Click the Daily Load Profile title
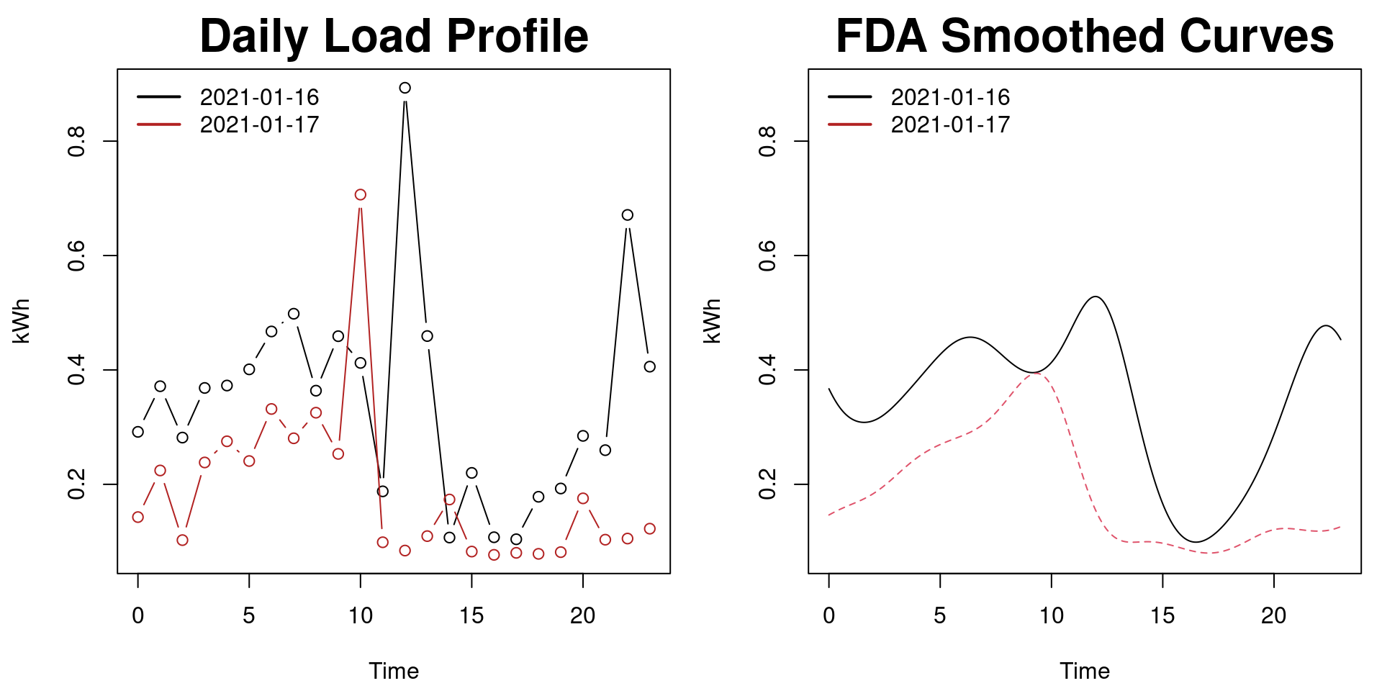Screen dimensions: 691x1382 [x=394, y=36]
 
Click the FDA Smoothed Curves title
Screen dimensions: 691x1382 [x=1084, y=36]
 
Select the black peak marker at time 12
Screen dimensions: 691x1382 [x=405, y=88]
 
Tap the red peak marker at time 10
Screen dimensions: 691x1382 [x=361, y=195]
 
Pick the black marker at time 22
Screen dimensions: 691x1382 [x=628, y=215]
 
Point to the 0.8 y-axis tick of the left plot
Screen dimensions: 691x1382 [x=76, y=141]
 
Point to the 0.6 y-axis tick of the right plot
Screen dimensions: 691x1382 [x=767, y=256]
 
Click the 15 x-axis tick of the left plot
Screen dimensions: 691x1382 [x=471, y=615]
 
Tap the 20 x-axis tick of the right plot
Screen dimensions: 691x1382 [x=1274, y=615]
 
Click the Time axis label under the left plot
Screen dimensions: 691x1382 [x=394, y=671]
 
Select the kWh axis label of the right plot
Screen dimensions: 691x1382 [x=712, y=321]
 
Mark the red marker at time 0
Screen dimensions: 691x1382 [x=138, y=517]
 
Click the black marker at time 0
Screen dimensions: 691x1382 [x=138, y=432]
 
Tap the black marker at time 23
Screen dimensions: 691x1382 [x=650, y=366]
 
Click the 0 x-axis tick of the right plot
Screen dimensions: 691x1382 [x=829, y=615]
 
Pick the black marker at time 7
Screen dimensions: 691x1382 [x=294, y=314]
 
